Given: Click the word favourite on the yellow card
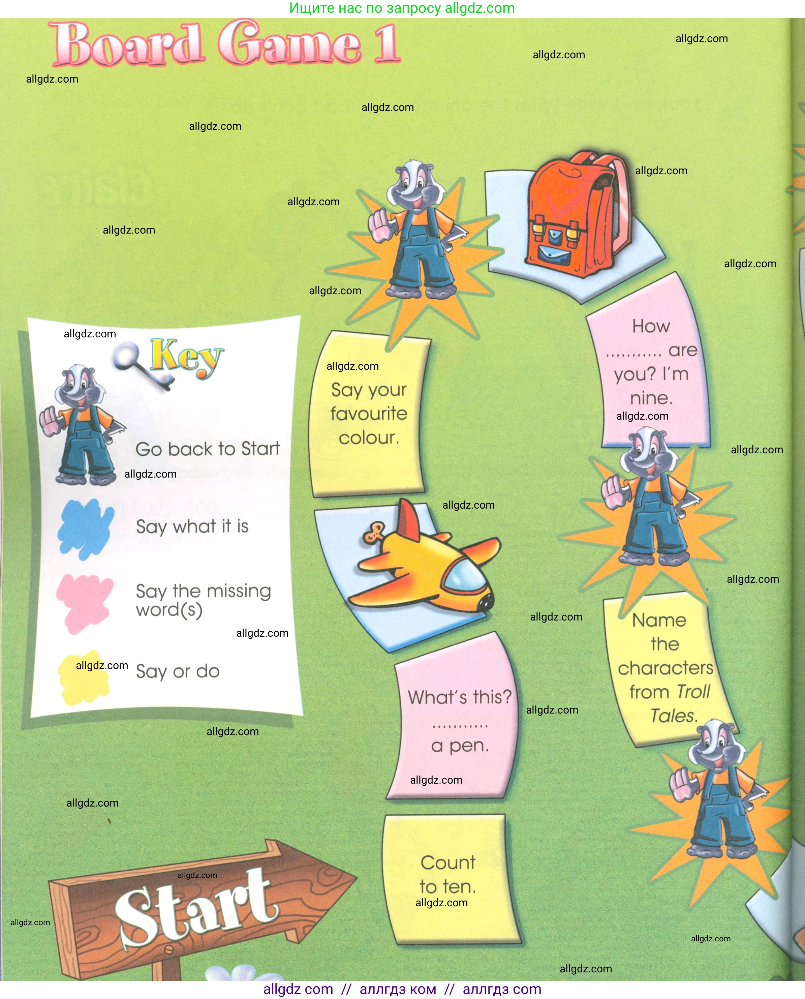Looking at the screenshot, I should point(369,413).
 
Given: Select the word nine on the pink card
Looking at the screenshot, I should point(651,398).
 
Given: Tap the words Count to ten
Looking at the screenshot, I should point(447,875).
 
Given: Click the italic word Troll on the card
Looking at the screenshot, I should point(693,692).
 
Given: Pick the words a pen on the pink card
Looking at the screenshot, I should point(460,746).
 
